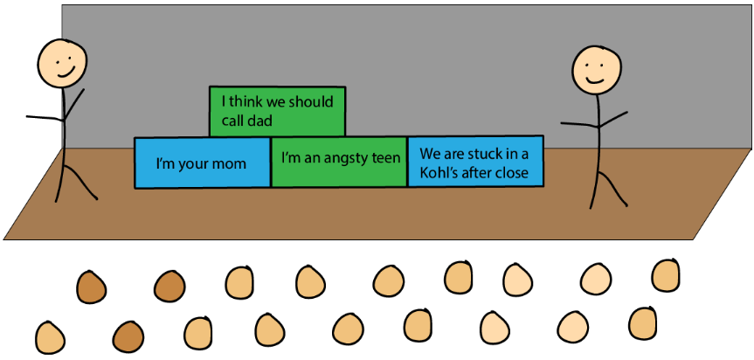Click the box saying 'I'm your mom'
[x=202, y=163]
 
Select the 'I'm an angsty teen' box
[x=339, y=161]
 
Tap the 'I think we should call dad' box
[x=277, y=111]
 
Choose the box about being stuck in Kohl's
[x=475, y=162]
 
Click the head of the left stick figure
[x=62, y=62]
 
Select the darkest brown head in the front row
[x=128, y=336]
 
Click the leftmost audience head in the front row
[x=50, y=337]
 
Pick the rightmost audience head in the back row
[x=666, y=274]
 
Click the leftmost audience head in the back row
[x=91, y=285]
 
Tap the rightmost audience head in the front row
[x=642, y=322]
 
